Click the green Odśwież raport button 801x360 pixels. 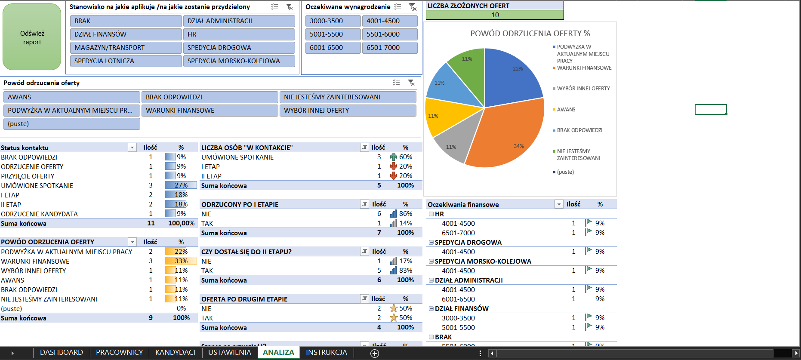pyautogui.click(x=32, y=37)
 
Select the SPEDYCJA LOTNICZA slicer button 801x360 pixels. pyautogui.click(x=126, y=61)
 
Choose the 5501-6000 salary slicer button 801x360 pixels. pyautogui.click(x=390, y=34)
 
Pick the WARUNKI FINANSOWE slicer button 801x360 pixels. pyautogui.click(x=209, y=111)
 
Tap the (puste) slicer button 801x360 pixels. pyautogui.click(x=71, y=124)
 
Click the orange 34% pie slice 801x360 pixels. pyautogui.click(x=510, y=138)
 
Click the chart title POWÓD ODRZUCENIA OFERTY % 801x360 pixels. pyautogui.click(x=530, y=34)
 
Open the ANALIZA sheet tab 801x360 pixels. pyautogui.click(x=278, y=353)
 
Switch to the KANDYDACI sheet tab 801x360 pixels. pyautogui.click(x=175, y=353)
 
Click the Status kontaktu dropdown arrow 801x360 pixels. pyautogui.click(x=132, y=148)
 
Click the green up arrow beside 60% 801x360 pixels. pyautogui.click(x=393, y=157)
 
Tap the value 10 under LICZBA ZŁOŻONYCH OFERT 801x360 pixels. pyautogui.click(x=495, y=15)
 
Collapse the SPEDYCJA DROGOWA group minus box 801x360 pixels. pyautogui.click(x=431, y=243)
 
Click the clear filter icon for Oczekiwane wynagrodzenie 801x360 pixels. pyautogui.click(x=412, y=7)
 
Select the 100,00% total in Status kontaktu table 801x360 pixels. pyautogui.click(x=181, y=223)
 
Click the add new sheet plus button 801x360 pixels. pyautogui.click(x=375, y=353)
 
